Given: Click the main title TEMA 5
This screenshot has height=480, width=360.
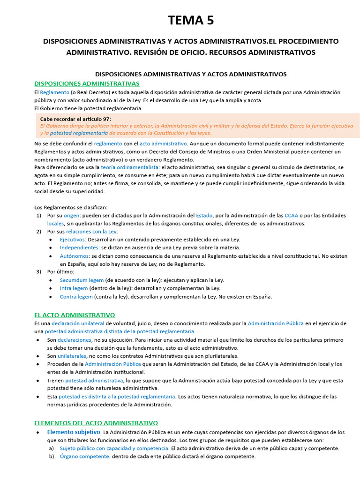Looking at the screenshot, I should [191, 20].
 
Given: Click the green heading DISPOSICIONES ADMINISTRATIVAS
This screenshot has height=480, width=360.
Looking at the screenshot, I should [87, 83].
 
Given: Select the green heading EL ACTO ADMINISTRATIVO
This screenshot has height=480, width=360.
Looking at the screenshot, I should [75, 315].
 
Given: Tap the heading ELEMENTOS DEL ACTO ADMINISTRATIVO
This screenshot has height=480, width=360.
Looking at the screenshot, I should [96, 423].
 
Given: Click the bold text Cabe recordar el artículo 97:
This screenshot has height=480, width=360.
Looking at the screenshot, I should [75, 119].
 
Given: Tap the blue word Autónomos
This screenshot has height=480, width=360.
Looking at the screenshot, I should [75, 256].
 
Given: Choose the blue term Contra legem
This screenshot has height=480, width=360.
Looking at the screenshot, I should [76, 297].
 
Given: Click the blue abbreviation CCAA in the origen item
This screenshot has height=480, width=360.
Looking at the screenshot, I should [291, 216].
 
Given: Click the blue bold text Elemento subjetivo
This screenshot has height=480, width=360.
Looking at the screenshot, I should [74, 432].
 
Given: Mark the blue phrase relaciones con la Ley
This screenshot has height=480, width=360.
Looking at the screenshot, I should [91, 232].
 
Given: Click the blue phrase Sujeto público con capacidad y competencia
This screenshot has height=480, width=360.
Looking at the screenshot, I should [114, 448].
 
